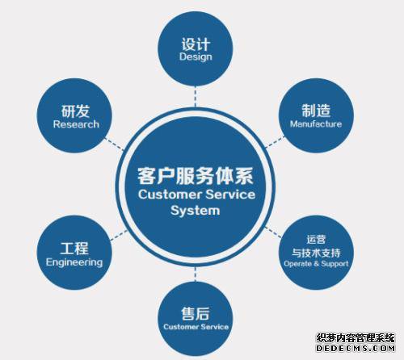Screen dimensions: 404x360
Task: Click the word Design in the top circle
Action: [x=196, y=57]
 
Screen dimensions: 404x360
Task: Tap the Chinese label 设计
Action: [x=196, y=44]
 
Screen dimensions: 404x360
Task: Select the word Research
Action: [x=76, y=124]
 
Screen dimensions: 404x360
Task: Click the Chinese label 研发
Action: [x=75, y=111]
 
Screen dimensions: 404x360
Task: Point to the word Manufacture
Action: [x=316, y=123]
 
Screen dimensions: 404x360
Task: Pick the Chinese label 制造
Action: [x=316, y=111]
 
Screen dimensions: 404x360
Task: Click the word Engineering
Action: [x=74, y=262]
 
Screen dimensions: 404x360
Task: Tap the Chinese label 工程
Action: [x=74, y=249]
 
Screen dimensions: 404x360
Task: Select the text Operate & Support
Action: [x=316, y=264]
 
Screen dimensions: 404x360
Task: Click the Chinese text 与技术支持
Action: [x=316, y=253]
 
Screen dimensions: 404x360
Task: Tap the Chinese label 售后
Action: [x=196, y=314]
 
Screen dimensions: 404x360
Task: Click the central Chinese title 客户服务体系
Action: [x=196, y=176]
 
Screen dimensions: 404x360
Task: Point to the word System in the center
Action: [x=196, y=211]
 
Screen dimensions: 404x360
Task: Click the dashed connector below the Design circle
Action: [x=196, y=96]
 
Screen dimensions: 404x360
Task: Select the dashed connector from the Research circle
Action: [x=114, y=144]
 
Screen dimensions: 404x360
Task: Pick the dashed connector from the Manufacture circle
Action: [x=275, y=142]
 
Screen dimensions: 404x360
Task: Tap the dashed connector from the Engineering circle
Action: [x=119, y=235]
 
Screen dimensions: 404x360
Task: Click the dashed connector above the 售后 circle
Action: [x=196, y=274]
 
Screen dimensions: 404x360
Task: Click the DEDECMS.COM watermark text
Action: [x=356, y=348]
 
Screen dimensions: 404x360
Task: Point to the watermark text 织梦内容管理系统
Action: [x=356, y=338]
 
